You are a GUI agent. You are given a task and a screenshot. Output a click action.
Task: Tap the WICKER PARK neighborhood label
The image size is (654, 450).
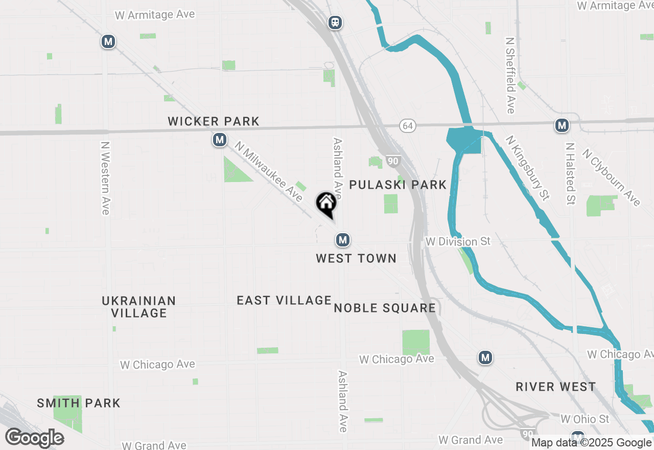[214, 122]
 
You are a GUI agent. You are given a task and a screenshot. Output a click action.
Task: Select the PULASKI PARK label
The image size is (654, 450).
[398, 185]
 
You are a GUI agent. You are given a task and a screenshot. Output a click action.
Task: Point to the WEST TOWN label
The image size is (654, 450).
[356, 258]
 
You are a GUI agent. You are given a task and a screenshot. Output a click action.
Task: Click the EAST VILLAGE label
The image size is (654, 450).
[284, 300]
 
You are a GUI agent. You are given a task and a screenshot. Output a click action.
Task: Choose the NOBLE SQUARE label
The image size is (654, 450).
[385, 308]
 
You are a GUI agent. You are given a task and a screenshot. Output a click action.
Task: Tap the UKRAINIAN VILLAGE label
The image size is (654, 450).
[139, 307]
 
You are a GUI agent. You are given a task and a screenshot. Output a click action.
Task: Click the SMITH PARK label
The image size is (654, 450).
[79, 403]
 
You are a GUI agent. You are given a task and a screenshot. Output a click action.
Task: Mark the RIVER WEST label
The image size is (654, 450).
[555, 387]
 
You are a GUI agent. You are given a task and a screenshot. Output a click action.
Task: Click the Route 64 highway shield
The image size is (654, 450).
[407, 126]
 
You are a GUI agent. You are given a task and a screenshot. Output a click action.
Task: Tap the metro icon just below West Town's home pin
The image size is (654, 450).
[343, 239]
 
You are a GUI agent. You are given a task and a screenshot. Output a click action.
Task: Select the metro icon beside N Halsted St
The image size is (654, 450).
[562, 125]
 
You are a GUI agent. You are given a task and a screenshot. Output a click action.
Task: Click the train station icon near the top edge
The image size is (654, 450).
[335, 22]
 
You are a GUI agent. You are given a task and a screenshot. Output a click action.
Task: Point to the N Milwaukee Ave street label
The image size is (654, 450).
[269, 171]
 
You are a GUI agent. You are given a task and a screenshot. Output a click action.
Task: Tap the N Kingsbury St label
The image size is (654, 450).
[527, 167]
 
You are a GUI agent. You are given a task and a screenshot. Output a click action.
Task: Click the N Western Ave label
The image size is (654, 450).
[105, 178]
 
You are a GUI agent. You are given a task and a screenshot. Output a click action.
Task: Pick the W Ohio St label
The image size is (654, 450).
[585, 419]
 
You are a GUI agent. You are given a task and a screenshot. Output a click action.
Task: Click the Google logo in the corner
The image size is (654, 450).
[35, 438]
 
